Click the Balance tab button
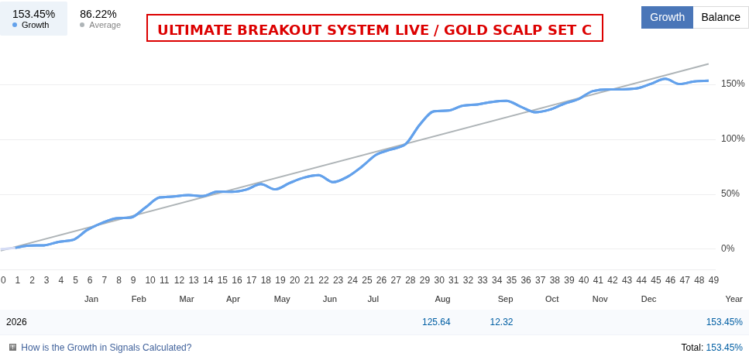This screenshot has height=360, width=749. (720, 17)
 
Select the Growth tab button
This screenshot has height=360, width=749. (668, 17)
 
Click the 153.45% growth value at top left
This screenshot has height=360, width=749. (34, 15)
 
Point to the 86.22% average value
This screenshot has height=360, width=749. (98, 15)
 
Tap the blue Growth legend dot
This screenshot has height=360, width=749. (15, 25)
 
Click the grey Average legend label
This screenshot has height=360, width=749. (105, 25)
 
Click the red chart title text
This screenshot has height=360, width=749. (375, 29)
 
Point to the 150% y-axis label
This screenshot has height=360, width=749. (733, 84)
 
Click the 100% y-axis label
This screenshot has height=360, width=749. (733, 139)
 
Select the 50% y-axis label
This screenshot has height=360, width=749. (730, 194)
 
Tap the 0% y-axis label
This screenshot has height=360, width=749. (727, 249)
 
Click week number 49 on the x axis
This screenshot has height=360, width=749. (713, 280)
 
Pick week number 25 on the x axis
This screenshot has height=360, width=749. (367, 280)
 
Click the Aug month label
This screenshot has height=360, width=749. (442, 300)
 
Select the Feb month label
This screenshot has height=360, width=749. (139, 300)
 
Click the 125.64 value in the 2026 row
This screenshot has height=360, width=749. (436, 322)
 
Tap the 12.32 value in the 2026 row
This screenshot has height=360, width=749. (502, 322)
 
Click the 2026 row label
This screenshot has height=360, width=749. (16, 322)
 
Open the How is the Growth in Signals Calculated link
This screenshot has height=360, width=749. (106, 348)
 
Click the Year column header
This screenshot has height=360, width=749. (734, 300)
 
